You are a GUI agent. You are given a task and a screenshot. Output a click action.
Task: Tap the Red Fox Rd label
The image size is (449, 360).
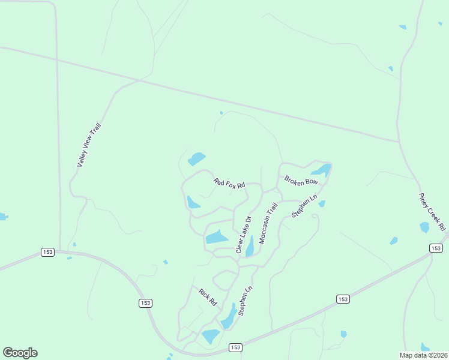point(230,183)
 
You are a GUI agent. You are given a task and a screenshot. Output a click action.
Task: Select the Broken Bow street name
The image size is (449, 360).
point(301,181)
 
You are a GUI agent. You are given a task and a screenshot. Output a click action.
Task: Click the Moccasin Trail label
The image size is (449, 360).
point(268,223)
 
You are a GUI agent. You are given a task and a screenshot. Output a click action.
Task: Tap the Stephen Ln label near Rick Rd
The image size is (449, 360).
point(246,301)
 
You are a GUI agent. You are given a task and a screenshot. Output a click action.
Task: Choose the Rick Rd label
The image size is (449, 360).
point(208,297)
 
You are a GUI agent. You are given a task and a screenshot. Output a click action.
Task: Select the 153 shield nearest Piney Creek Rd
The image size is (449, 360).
point(436,248)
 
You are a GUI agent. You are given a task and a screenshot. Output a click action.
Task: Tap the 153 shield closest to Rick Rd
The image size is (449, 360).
point(145,304)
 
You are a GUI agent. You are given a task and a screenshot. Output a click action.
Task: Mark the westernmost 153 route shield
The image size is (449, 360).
point(48,252)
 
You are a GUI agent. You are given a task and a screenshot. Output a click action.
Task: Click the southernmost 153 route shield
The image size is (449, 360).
point(235,347)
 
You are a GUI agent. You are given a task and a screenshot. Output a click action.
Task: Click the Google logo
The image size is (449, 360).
point(20,353)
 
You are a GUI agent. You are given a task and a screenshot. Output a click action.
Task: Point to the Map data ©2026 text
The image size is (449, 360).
point(424,355)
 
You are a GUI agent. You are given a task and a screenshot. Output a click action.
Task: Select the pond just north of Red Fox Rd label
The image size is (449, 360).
point(197,159)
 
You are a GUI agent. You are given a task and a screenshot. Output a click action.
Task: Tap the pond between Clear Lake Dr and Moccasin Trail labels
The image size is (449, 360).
point(250,246)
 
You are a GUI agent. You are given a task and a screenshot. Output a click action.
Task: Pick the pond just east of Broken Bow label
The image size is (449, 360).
point(323,170)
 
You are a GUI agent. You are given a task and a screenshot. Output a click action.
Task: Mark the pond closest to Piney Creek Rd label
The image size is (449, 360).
point(424,227)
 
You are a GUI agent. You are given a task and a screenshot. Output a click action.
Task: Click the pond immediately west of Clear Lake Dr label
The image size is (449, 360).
point(217,237)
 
